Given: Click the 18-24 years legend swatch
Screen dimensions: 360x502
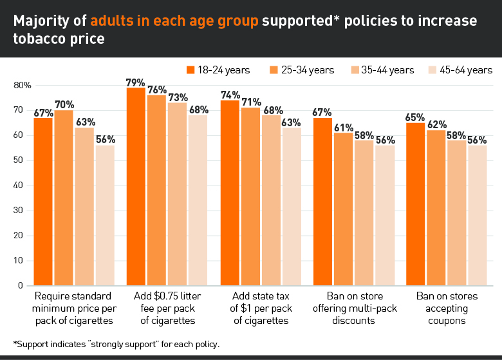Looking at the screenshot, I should point(191,70).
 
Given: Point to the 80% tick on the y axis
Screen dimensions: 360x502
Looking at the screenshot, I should point(23,85).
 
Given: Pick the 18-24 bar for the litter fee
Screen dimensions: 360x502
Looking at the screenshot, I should point(136,187).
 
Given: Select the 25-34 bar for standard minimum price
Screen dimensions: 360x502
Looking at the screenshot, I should point(64,198).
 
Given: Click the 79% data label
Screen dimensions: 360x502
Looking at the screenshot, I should point(136,82).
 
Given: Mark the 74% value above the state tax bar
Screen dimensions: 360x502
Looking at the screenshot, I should point(230,94).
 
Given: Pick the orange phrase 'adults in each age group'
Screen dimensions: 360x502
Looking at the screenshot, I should point(174,21).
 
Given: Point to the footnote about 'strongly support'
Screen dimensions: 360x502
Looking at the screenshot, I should point(116,344).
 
